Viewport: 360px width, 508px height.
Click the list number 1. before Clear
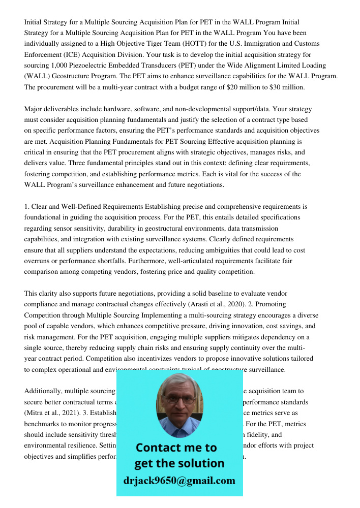tap(27, 206)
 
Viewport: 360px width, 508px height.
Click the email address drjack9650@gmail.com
tap(179, 481)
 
